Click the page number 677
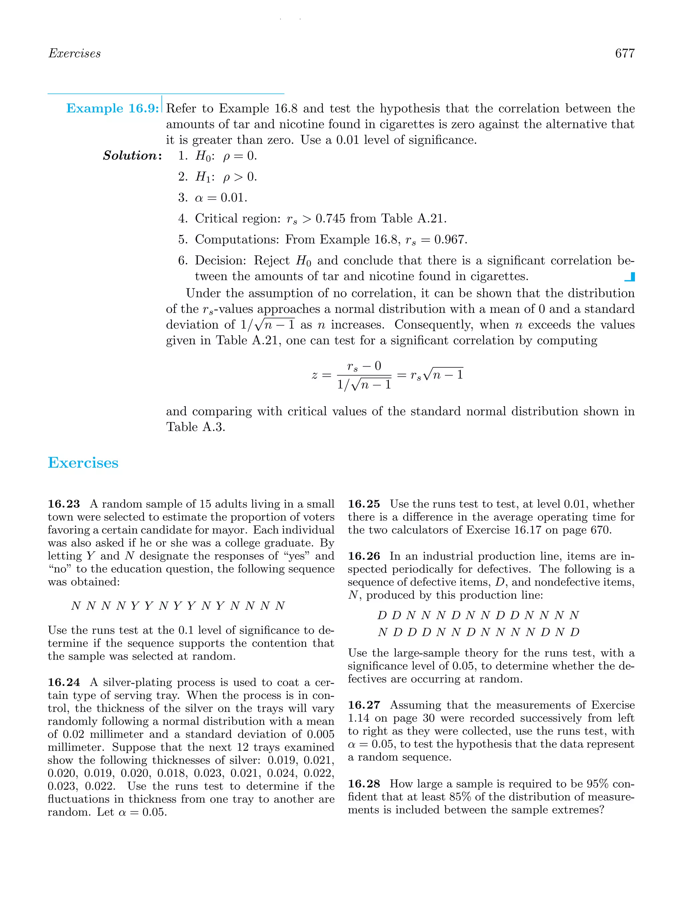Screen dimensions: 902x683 tap(624, 53)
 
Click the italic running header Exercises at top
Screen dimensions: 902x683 tap(74, 53)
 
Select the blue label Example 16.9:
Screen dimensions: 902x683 tap(112, 108)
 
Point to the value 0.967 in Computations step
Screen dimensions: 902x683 tap(450, 239)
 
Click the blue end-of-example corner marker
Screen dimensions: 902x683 tap(630, 277)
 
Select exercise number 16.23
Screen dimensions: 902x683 tap(64, 504)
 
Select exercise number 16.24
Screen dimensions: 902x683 tap(64, 682)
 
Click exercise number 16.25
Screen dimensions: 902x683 tap(364, 504)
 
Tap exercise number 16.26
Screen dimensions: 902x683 tap(364, 556)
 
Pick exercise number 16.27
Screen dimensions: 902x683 tap(364, 705)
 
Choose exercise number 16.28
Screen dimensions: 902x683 tap(364, 784)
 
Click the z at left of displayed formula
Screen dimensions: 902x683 tap(314, 375)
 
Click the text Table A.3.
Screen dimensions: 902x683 tap(195, 427)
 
